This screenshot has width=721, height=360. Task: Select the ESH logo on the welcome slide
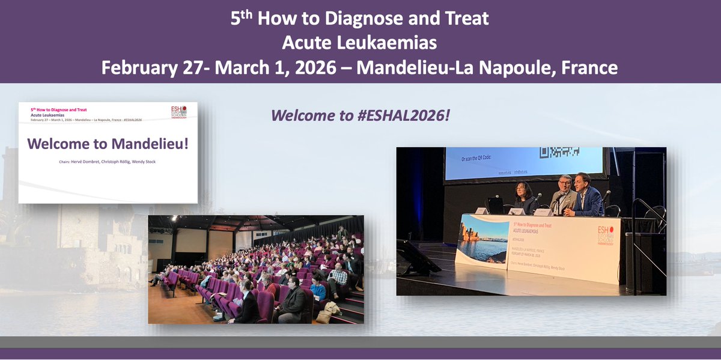coord(183,114)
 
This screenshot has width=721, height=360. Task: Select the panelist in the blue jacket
coord(586,195)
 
